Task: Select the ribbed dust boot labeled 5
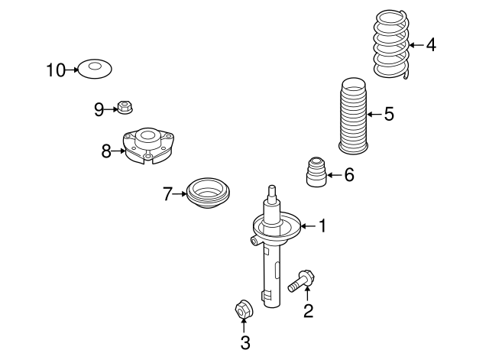pos(351,115)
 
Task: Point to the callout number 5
pos(389,115)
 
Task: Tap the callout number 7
pos(168,194)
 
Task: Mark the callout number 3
pos(244,343)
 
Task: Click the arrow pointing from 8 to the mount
pos(118,151)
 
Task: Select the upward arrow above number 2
pos(307,294)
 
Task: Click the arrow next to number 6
pos(333,176)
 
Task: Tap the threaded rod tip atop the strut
pos(271,190)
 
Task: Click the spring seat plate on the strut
pos(277,227)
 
